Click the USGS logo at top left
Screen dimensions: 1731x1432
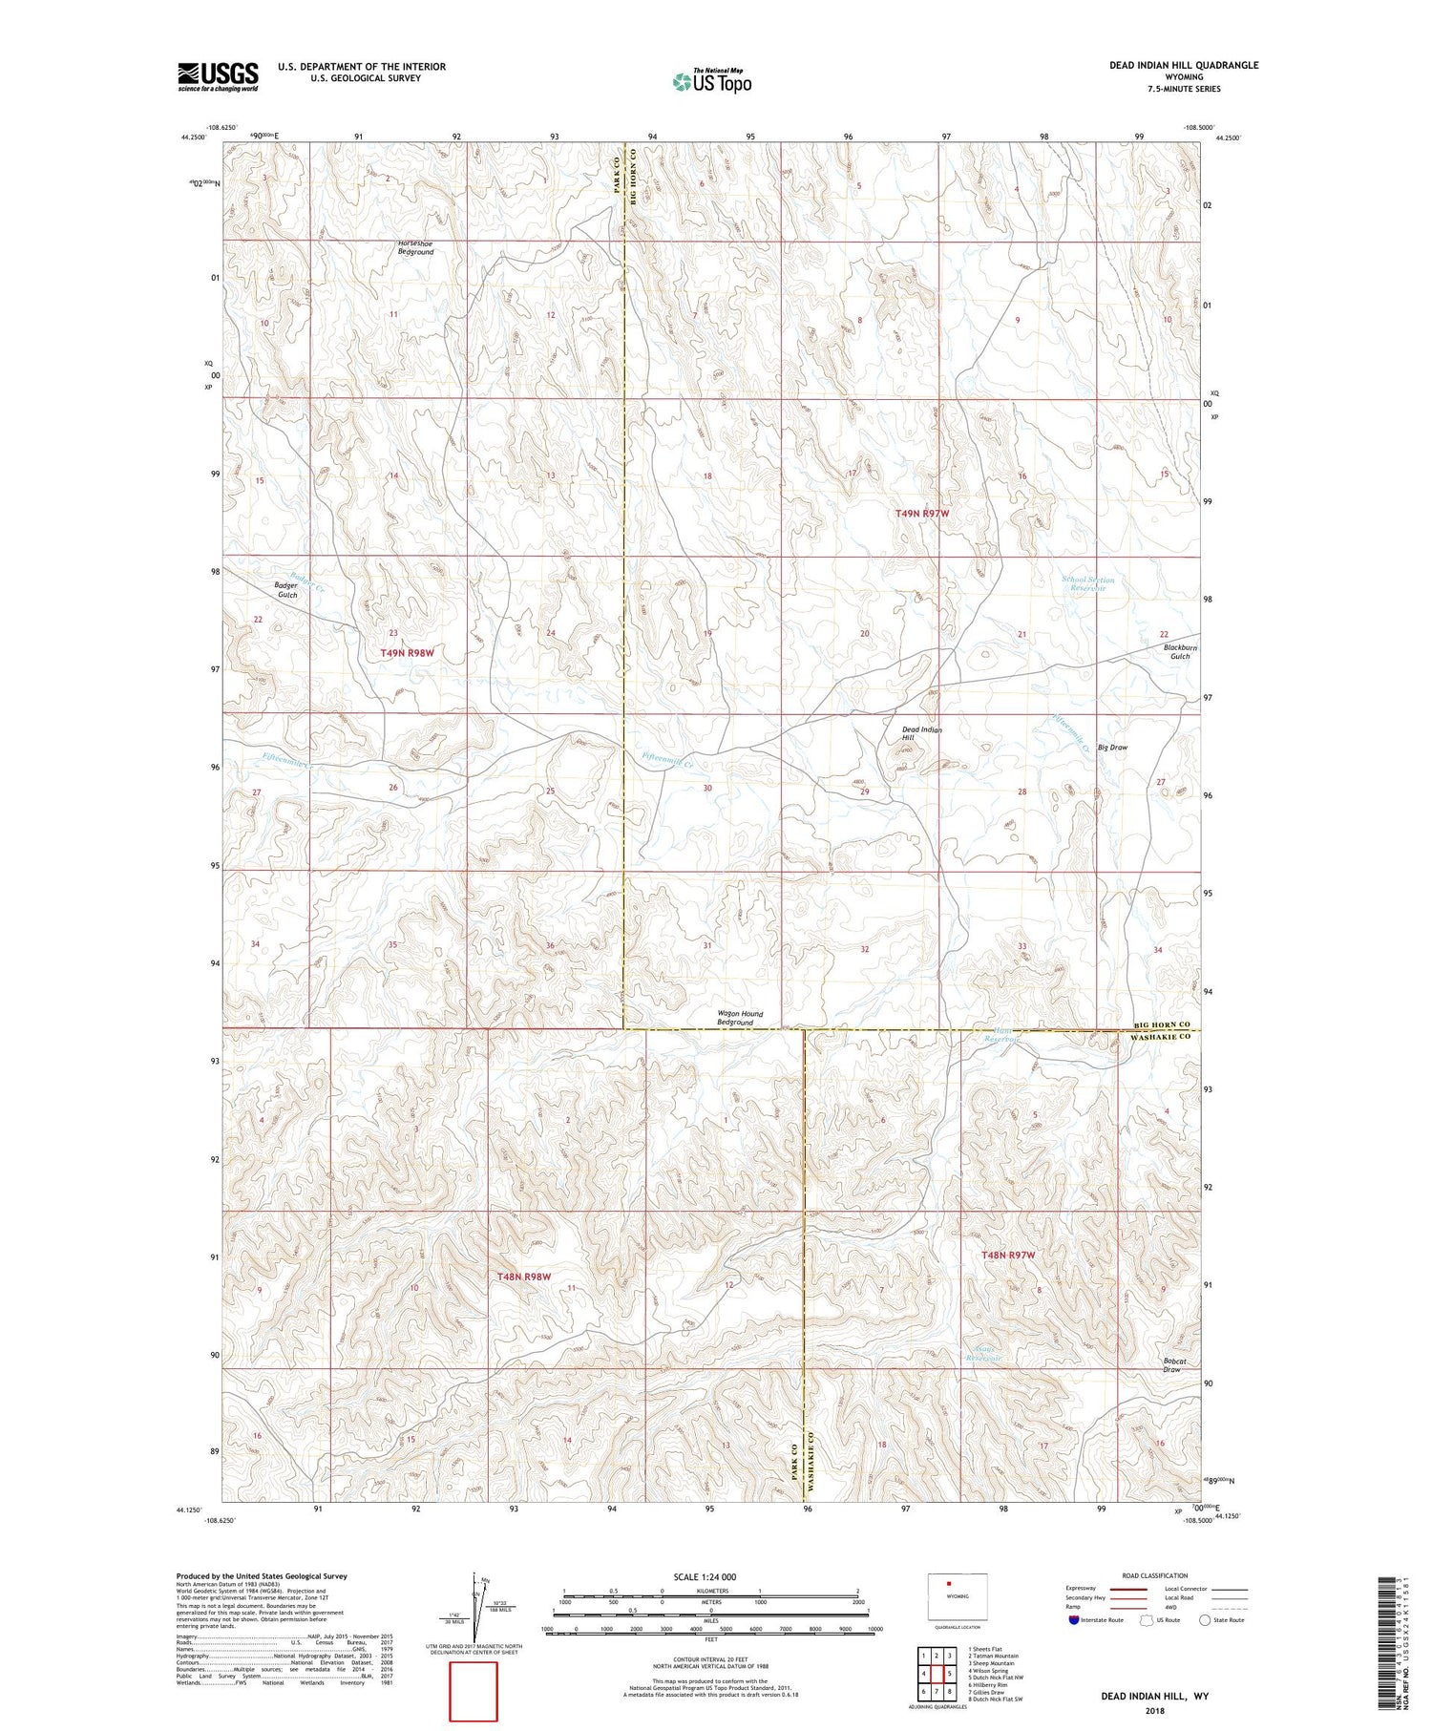click(x=218, y=76)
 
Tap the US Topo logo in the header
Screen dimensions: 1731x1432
click(x=711, y=82)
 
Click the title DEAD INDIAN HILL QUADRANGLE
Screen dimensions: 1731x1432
click(x=1183, y=65)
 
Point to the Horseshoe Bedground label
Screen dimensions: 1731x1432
click(x=415, y=247)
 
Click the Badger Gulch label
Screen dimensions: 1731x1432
click(x=286, y=590)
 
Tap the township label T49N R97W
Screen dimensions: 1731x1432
click(x=922, y=514)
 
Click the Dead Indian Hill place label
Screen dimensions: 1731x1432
click(x=921, y=733)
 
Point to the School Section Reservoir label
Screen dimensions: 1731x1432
click(x=1087, y=583)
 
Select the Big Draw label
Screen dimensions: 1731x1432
click(x=1112, y=748)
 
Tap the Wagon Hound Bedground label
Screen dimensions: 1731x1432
click(x=740, y=1018)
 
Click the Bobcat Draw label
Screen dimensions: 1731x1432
click(x=1171, y=1365)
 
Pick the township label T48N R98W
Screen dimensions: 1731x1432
click(x=524, y=1277)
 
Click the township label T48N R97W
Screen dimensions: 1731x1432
click(x=1008, y=1255)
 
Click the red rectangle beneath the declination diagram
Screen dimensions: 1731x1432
click(x=474, y=1691)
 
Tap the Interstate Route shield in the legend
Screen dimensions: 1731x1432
click(x=1074, y=1619)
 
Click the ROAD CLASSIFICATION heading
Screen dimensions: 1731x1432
click(x=1155, y=1575)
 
